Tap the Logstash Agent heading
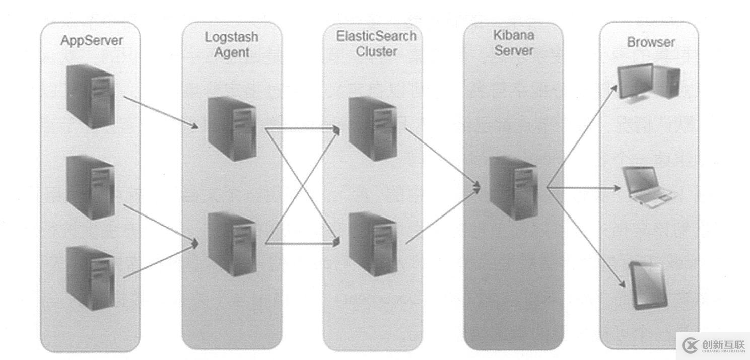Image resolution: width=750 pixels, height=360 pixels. point(232,44)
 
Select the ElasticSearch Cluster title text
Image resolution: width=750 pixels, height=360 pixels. point(377,43)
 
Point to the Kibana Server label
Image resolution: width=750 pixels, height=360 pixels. point(513,43)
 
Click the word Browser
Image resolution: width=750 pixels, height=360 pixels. point(650,42)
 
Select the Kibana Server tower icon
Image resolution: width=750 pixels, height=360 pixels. point(514,187)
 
